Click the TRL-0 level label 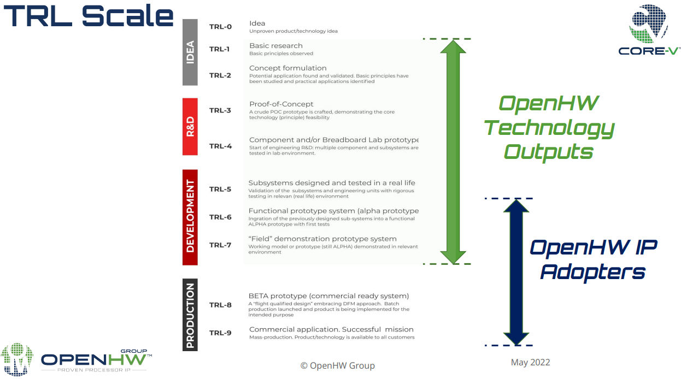click(220, 27)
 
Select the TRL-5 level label click(220, 189)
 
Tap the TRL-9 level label click(220, 333)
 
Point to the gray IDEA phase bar click(190, 52)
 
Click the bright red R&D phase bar click(190, 127)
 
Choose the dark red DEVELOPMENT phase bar click(190, 217)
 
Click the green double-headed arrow click(453, 151)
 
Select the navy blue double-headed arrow click(515, 272)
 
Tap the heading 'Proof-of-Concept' click(281, 104)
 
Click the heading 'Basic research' click(276, 46)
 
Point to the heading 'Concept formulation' click(288, 68)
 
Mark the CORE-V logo click(649, 30)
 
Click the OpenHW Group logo click(77, 359)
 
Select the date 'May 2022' click(530, 363)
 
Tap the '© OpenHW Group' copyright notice click(338, 366)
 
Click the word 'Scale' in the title click(128, 16)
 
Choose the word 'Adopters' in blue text click(593, 271)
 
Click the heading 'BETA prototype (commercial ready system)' click(329, 296)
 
